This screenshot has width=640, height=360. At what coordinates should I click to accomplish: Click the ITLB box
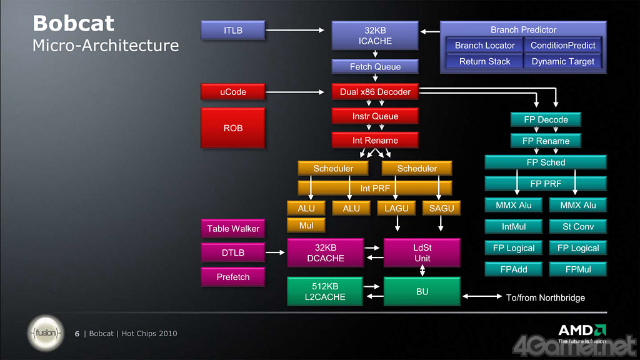click(233, 29)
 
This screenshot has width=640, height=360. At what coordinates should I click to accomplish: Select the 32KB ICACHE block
click(375, 36)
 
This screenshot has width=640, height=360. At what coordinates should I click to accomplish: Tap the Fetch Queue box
click(375, 67)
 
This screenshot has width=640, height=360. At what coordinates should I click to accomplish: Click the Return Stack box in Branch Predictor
click(485, 61)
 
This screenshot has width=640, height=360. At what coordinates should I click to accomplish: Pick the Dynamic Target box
click(563, 61)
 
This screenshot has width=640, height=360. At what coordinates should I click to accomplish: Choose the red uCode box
click(233, 92)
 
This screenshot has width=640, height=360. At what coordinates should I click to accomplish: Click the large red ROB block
click(233, 127)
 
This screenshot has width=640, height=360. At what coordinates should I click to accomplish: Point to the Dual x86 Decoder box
click(375, 92)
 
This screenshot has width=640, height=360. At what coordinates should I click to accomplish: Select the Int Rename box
click(375, 141)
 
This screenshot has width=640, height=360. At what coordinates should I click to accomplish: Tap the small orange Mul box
click(306, 225)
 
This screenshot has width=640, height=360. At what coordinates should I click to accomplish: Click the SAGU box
click(441, 208)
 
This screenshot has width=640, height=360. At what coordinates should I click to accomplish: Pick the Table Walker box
click(233, 228)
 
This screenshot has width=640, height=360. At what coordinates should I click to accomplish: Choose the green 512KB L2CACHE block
click(325, 291)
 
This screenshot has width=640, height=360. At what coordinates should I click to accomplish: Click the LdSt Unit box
click(422, 252)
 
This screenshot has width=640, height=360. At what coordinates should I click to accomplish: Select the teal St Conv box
click(578, 226)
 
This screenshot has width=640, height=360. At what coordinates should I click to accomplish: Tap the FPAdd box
click(514, 269)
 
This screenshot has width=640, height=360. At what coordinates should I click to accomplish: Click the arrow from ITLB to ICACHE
click(296, 29)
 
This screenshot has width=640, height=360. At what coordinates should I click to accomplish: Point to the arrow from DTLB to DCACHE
click(275, 252)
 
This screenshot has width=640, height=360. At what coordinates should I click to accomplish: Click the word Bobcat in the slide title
click(73, 24)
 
